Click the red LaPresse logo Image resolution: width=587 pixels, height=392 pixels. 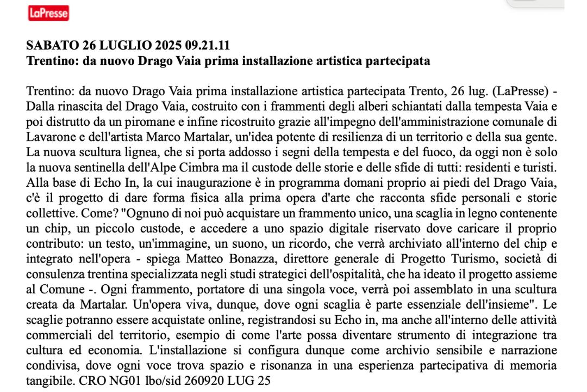pyautogui.click(x=48, y=13)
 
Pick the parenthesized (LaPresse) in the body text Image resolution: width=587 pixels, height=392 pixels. pyautogui.click(x=515, y=89)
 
